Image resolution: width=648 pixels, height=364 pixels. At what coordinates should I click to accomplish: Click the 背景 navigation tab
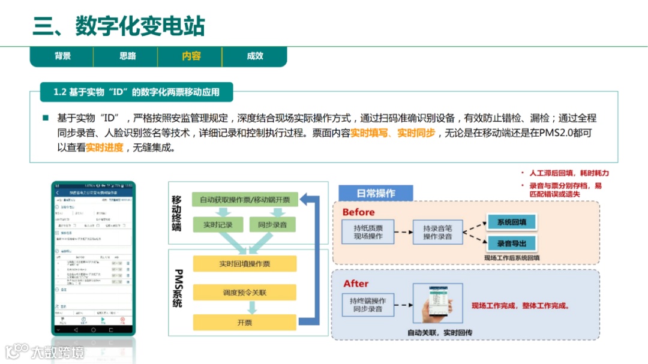point(62,56)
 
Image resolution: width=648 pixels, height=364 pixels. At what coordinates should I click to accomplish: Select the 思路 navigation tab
point(127,56)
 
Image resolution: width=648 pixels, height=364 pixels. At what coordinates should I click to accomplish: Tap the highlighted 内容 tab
point(191,56)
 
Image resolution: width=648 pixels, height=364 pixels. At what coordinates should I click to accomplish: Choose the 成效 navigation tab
point(255,56)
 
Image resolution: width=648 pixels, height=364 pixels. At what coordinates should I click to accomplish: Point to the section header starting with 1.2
point(136,92)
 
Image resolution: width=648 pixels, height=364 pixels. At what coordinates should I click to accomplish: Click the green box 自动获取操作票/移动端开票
point(244,200)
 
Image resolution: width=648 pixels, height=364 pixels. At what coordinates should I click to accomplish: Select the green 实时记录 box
point(217,225)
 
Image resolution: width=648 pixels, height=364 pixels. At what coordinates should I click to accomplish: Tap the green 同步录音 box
point(272,225)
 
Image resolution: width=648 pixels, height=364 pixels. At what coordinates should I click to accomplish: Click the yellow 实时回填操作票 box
point(244,264)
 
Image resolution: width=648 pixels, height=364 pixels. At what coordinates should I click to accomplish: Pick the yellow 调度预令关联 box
point(244,293)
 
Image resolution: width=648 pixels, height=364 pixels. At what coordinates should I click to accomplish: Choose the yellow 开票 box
point(244,322)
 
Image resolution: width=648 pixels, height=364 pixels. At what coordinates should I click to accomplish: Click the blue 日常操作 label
point(376,193)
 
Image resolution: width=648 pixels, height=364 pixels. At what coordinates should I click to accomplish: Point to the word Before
point(358,212)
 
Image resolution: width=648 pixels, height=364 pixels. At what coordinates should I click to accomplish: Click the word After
point(356,284)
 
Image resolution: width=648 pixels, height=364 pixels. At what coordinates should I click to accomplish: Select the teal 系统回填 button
point(511,222)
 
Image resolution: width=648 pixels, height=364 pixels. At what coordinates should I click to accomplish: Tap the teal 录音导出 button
point(511,243)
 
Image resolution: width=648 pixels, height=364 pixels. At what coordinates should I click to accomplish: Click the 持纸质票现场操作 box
point(368,232)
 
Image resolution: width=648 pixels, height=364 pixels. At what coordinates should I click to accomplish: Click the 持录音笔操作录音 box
point(437,232)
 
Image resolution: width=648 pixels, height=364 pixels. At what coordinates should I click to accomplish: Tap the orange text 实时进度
point(104,147)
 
